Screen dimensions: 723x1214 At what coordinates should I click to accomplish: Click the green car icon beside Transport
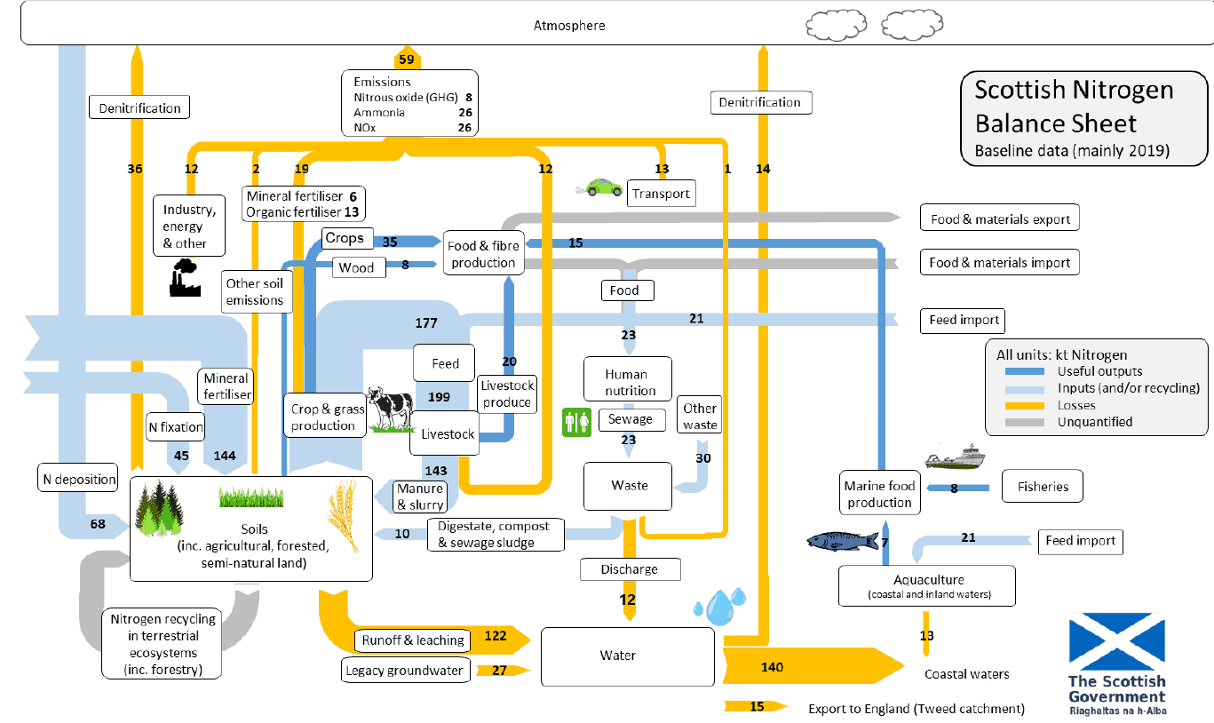(x=600, y=187)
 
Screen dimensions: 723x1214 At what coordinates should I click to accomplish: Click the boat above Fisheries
(x=955, y=457)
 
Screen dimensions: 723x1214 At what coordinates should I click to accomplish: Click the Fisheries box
(x=1042, y=486)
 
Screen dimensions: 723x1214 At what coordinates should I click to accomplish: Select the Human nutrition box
(x=627, y=382)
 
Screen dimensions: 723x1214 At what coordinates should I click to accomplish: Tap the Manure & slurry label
(x=420, y=497)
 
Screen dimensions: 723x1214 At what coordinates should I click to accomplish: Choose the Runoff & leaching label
(x=413, y=640)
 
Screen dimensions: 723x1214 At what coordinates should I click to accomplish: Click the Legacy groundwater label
(x=406, y=671)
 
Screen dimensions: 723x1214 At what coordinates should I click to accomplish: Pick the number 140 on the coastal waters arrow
(x=772, y=666)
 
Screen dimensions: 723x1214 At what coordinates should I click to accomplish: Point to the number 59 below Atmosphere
(x=407, y=60)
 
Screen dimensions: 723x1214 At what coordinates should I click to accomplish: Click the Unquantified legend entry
(x=1094, y=422)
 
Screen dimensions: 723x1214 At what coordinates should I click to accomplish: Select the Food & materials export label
(x=1000, y=218)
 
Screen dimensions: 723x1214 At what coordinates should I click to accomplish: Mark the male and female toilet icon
(x=576, y=422)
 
